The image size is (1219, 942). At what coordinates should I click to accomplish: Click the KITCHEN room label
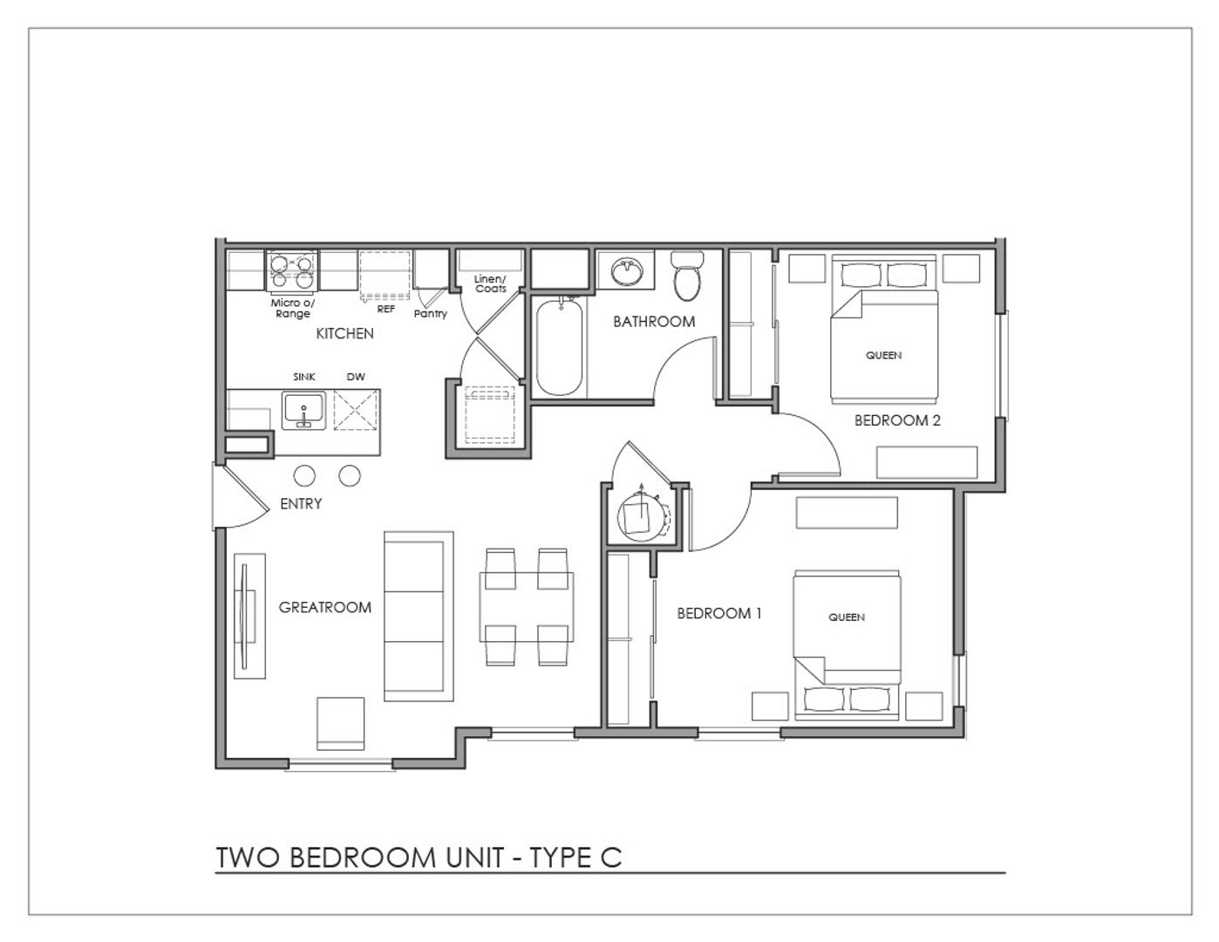point(344,333)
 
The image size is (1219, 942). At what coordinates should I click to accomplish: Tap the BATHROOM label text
point(654,322)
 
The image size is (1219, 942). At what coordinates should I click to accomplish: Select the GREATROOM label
point(324,607)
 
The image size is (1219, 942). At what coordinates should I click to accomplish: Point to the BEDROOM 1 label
point(719,613)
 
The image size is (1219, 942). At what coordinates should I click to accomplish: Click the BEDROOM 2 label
point(897,420)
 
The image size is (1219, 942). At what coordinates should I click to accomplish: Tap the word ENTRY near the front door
point(301,504)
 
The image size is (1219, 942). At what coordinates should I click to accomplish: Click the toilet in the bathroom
point(686,275)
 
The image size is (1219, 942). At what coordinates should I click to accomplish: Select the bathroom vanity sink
point(627,271)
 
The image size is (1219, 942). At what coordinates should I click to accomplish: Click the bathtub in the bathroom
point(559,347)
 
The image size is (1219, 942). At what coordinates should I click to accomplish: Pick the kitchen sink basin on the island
point(304,410)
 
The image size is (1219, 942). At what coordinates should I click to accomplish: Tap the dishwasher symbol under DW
point(356,410)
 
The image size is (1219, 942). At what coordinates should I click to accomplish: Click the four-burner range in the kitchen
point(292,271)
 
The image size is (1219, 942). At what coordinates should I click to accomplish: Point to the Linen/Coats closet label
point(490,283)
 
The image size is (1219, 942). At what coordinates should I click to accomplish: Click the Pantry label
point(430,314)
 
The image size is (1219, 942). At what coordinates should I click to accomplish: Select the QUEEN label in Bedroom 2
point(883,355)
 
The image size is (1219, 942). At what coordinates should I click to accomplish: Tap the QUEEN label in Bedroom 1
point(847,618)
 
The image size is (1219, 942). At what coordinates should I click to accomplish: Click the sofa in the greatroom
point(419,616)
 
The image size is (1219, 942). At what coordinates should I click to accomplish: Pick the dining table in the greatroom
point(526,606)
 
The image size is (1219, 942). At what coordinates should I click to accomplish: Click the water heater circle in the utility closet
point(640,516)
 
